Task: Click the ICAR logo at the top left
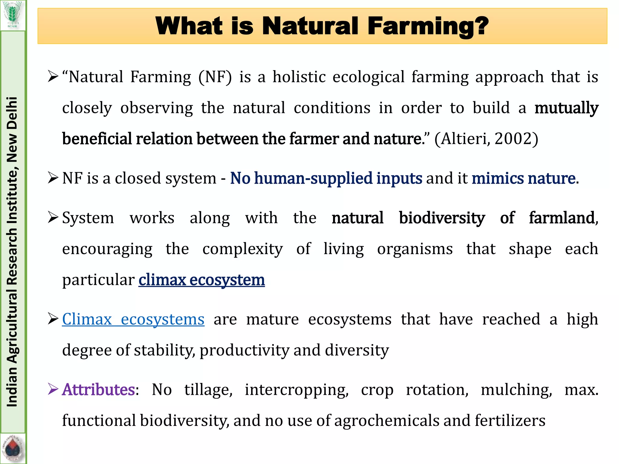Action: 13,15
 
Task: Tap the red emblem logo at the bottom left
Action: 13,449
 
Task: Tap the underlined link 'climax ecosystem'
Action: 202,280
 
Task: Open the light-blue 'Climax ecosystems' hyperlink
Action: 133,319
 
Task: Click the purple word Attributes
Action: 98,389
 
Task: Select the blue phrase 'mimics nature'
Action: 523,178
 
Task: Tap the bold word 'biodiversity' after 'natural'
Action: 442,218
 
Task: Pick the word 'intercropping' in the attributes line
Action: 297,390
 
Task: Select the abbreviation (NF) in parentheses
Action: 215,77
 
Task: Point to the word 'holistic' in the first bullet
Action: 299,77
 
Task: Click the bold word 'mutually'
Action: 566,108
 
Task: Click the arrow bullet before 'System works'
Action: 53,217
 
